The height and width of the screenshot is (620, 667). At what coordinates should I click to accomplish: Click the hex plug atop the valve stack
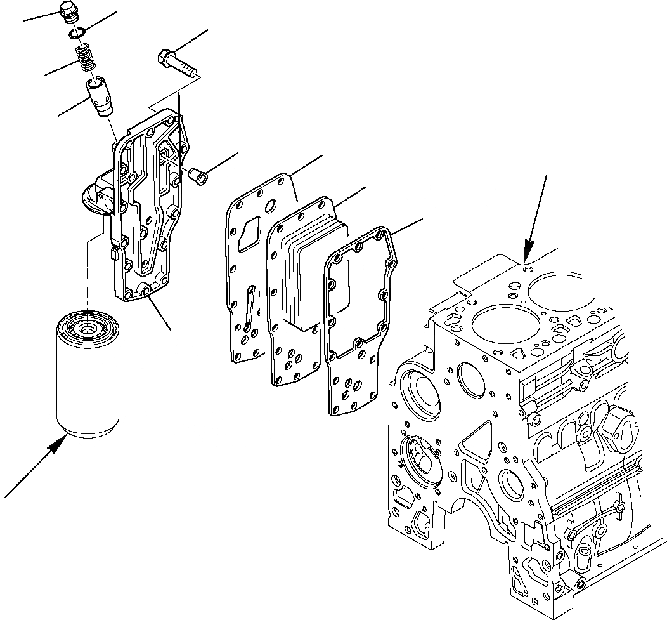pyautogui.click(x=67, y=11)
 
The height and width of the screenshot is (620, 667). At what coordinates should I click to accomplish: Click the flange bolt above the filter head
pyautogui.click(x=174, y=63)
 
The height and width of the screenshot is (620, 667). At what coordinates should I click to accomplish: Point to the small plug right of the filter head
pyautogui.click(x=199, y=176)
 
